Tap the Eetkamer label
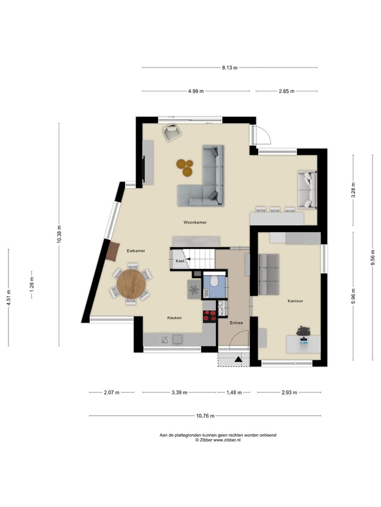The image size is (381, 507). pos(136,251)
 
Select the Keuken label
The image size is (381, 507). pos(175,318)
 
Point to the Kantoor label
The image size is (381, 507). pos(295,301)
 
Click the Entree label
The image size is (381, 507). pos(237,322)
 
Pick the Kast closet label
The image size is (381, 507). pos(180,261)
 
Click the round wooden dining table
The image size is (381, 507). pos(131,284)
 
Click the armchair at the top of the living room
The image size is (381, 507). pos(171,132)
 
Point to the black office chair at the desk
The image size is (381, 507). pos(303,331)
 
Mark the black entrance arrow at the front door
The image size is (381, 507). pos(239,360)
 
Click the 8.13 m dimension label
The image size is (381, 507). pos(230,68)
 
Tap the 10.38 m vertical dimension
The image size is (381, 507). pos(59,233)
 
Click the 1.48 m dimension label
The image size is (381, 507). pos(233,392)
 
